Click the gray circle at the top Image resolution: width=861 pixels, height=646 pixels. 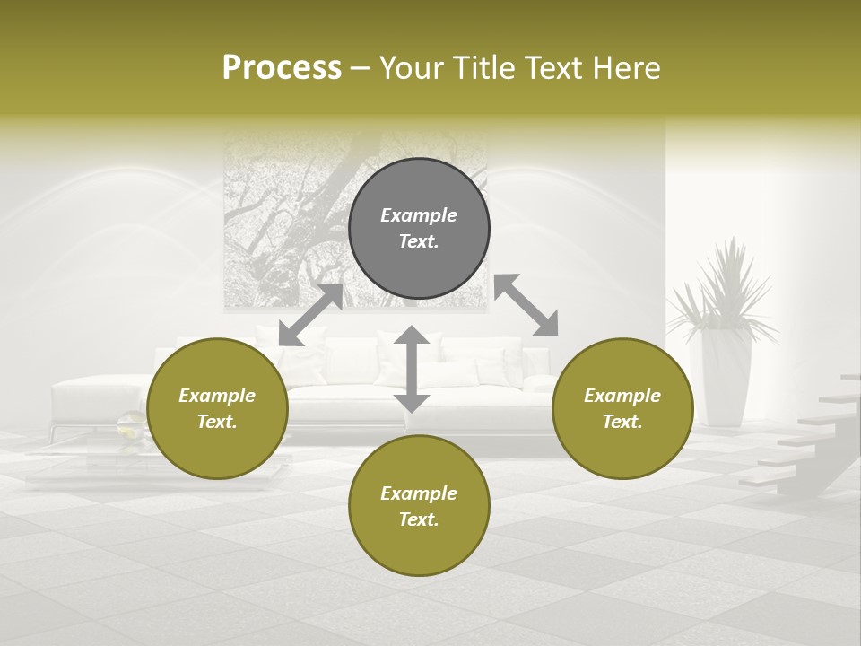[x=419, y=229]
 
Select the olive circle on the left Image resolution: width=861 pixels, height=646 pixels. [x=217, y=408]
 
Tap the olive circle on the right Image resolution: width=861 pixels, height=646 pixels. [x=622, y=408]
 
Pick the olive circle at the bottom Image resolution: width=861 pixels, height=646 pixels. [x=419, y=505]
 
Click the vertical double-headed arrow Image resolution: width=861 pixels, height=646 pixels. [x=412, y=369]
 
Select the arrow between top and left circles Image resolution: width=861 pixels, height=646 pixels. [x=310, y=315]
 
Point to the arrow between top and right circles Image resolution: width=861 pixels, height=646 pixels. [x=526, y=305]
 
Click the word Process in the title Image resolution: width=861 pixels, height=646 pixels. [x=282, y=67]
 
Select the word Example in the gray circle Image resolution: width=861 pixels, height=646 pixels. [x=419, y=215]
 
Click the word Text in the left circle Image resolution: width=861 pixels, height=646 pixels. [x=217, y=422]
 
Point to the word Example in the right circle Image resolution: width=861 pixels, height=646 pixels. [x=622, y=396]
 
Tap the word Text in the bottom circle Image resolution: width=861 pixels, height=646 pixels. [x=419, y=519]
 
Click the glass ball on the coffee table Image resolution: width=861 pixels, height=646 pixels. [x=131, y=426]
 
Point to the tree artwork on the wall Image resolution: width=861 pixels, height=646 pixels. [x=278, y=215]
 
